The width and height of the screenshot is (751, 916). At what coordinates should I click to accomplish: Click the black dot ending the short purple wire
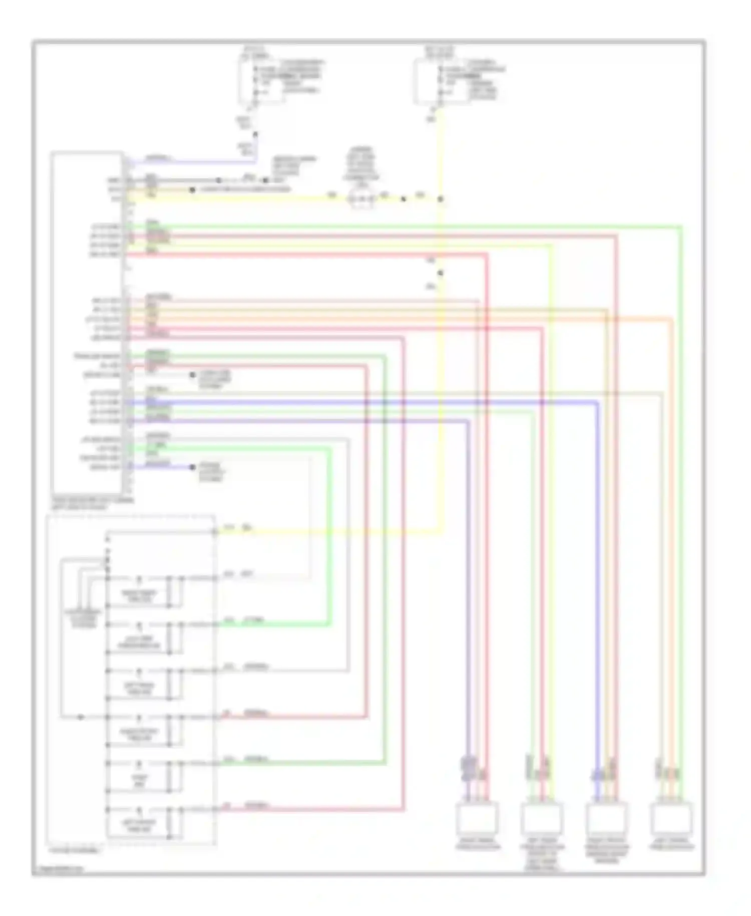point(193,468)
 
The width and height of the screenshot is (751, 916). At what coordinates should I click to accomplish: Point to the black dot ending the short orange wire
point(192,190)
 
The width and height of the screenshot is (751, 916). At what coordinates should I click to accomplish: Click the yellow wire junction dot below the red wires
point(441,273)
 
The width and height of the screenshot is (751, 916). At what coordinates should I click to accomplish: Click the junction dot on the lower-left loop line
point(81,717)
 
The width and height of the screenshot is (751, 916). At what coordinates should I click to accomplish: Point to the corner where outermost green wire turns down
point(681,227)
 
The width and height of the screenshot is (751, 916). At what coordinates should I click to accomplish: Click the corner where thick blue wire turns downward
point(597,402)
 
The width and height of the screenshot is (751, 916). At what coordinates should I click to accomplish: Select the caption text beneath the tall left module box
point(93,503)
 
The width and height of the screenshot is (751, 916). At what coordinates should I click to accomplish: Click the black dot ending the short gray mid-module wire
point(193,375)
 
